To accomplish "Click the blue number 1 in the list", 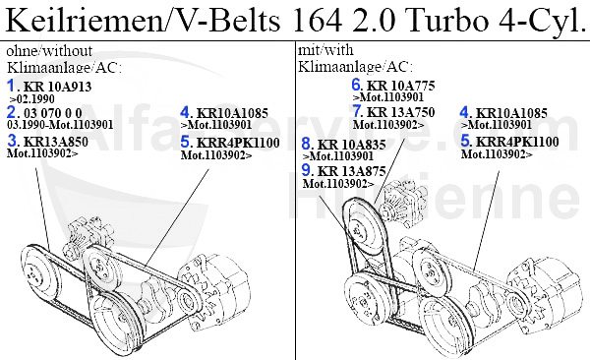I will point(12,88).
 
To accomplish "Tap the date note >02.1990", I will point(29,100).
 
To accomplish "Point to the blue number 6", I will point(357,85).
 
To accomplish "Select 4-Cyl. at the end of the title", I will point(535,21).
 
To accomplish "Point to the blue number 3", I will point(12,141).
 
